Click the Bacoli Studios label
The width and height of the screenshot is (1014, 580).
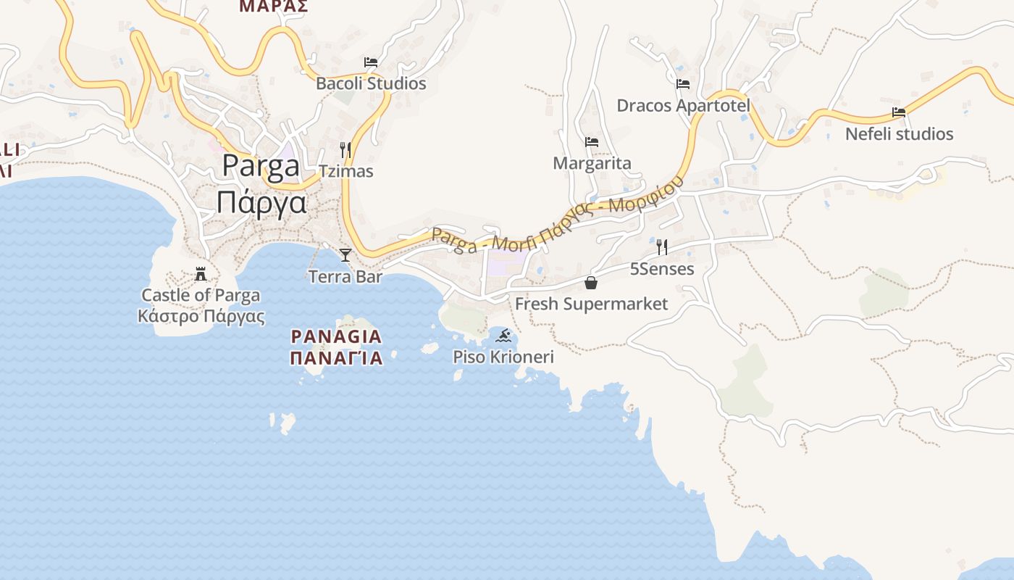coord(371,83)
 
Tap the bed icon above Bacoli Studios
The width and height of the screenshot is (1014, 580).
coord(371,62)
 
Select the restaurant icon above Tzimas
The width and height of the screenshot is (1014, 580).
coord(345,150)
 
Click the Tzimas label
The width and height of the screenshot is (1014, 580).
coord(346,171)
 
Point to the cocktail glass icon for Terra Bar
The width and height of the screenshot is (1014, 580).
coord(345,254)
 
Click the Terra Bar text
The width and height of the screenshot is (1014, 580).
coord(345,276)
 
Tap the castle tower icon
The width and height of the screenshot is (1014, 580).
coord(201,274)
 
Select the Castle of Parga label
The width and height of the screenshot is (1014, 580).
coord(201,295)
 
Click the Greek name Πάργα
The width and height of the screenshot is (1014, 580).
coord(261,202)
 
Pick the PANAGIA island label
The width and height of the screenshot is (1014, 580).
coord(336,336)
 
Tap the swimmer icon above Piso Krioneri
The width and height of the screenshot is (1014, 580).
coord(504,336)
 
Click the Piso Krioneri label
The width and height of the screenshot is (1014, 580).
coord(503,357)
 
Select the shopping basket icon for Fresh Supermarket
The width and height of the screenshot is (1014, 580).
coord(591,283)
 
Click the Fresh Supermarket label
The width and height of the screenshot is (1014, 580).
coord(592,304)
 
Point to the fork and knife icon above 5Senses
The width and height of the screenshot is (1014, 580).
coord(662,247)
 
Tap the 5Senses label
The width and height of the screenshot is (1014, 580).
coord(662,269)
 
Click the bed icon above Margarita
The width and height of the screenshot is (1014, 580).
coord(592,142)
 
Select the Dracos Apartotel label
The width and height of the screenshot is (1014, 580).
coord(683,106)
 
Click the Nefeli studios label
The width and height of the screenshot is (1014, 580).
coord(900,134)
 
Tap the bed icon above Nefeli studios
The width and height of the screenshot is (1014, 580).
coord(899,112)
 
